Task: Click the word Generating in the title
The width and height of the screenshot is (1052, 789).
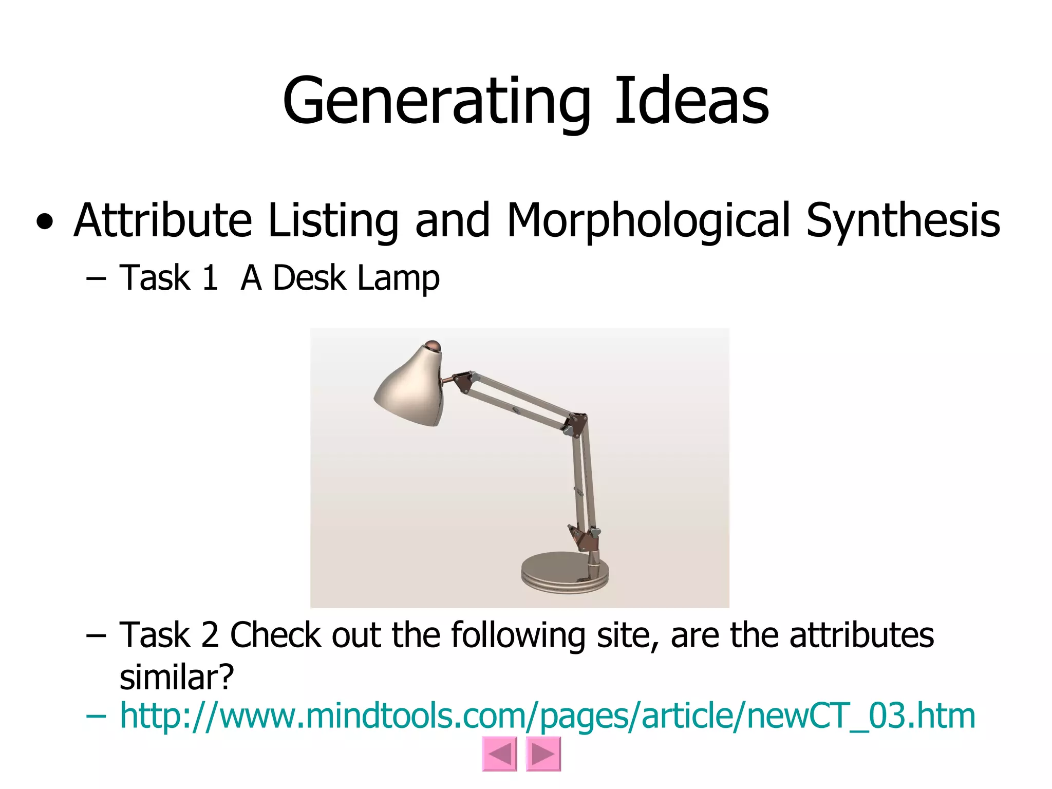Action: (x=437, y=101)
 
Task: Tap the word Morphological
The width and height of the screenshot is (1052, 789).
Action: (x=648, y=221)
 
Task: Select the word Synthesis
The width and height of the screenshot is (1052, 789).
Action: (x=903, y=221)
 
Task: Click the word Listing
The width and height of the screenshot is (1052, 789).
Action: (x=333, y=221)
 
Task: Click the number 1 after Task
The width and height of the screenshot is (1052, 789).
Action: (x=209, y=278)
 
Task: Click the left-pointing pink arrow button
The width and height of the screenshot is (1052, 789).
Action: (x=499, y=754)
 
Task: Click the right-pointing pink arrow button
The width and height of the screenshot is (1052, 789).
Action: (x=543, y=754)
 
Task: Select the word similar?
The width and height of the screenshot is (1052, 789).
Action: (x=176, y=678)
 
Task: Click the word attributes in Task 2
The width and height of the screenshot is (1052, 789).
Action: (x=861, y=635)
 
